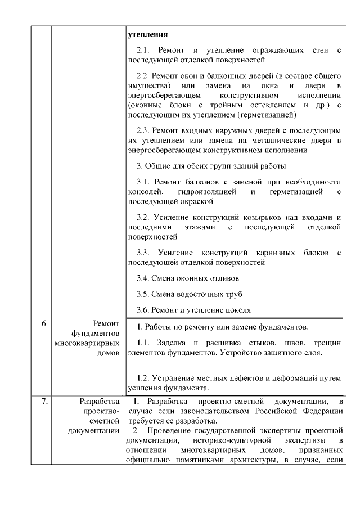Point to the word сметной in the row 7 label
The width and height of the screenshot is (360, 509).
108,420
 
